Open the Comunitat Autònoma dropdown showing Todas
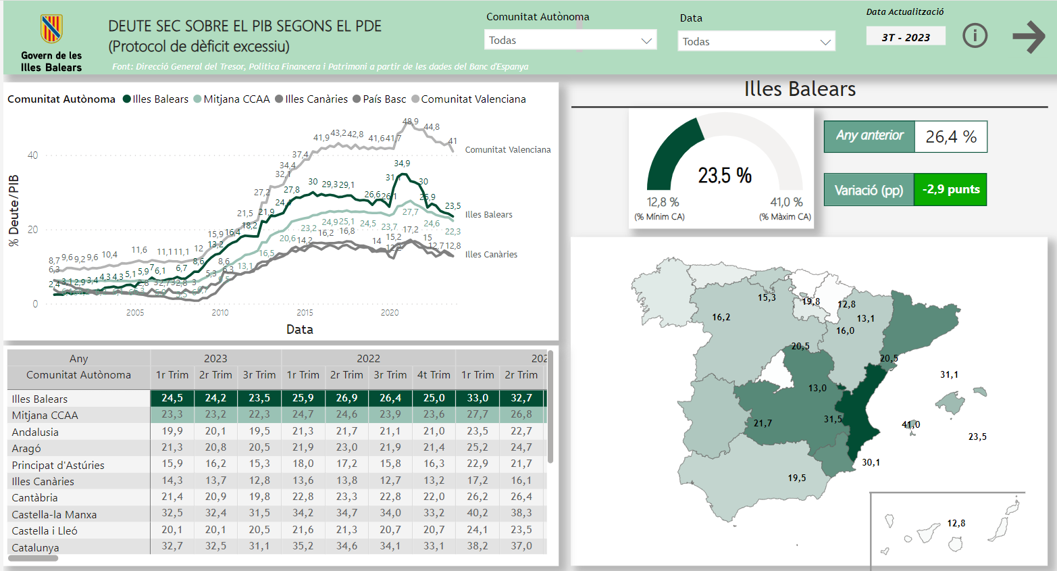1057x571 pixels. click(x=571, y=41)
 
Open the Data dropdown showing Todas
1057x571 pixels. click(x=756, y=42)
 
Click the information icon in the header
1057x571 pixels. click(x=975, y=35)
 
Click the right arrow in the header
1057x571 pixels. click(x=1029, y=36)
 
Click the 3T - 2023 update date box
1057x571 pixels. click(x=906, y=37)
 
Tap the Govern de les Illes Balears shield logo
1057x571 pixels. click(x=51, y=29)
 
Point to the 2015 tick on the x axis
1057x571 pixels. click(x=305, y=312)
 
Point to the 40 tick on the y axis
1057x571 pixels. click(x=32, y=155)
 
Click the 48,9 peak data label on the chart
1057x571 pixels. click(x=410, y=122)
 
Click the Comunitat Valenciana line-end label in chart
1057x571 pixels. click(x=508, y=150)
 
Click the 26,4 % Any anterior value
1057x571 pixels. click(x=951, y=137)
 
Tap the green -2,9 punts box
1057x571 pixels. click(x=950, y=190)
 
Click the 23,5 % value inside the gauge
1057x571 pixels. click(x=725, y=176)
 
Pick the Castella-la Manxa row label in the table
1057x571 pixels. click(x=54, y=515)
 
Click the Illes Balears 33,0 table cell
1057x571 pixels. click(x=478, y=398)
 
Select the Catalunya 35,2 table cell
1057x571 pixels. click(x=303, y=546)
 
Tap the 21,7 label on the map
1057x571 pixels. click(x=763, y=424)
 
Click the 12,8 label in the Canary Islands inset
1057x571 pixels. click(x=956, y=523)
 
